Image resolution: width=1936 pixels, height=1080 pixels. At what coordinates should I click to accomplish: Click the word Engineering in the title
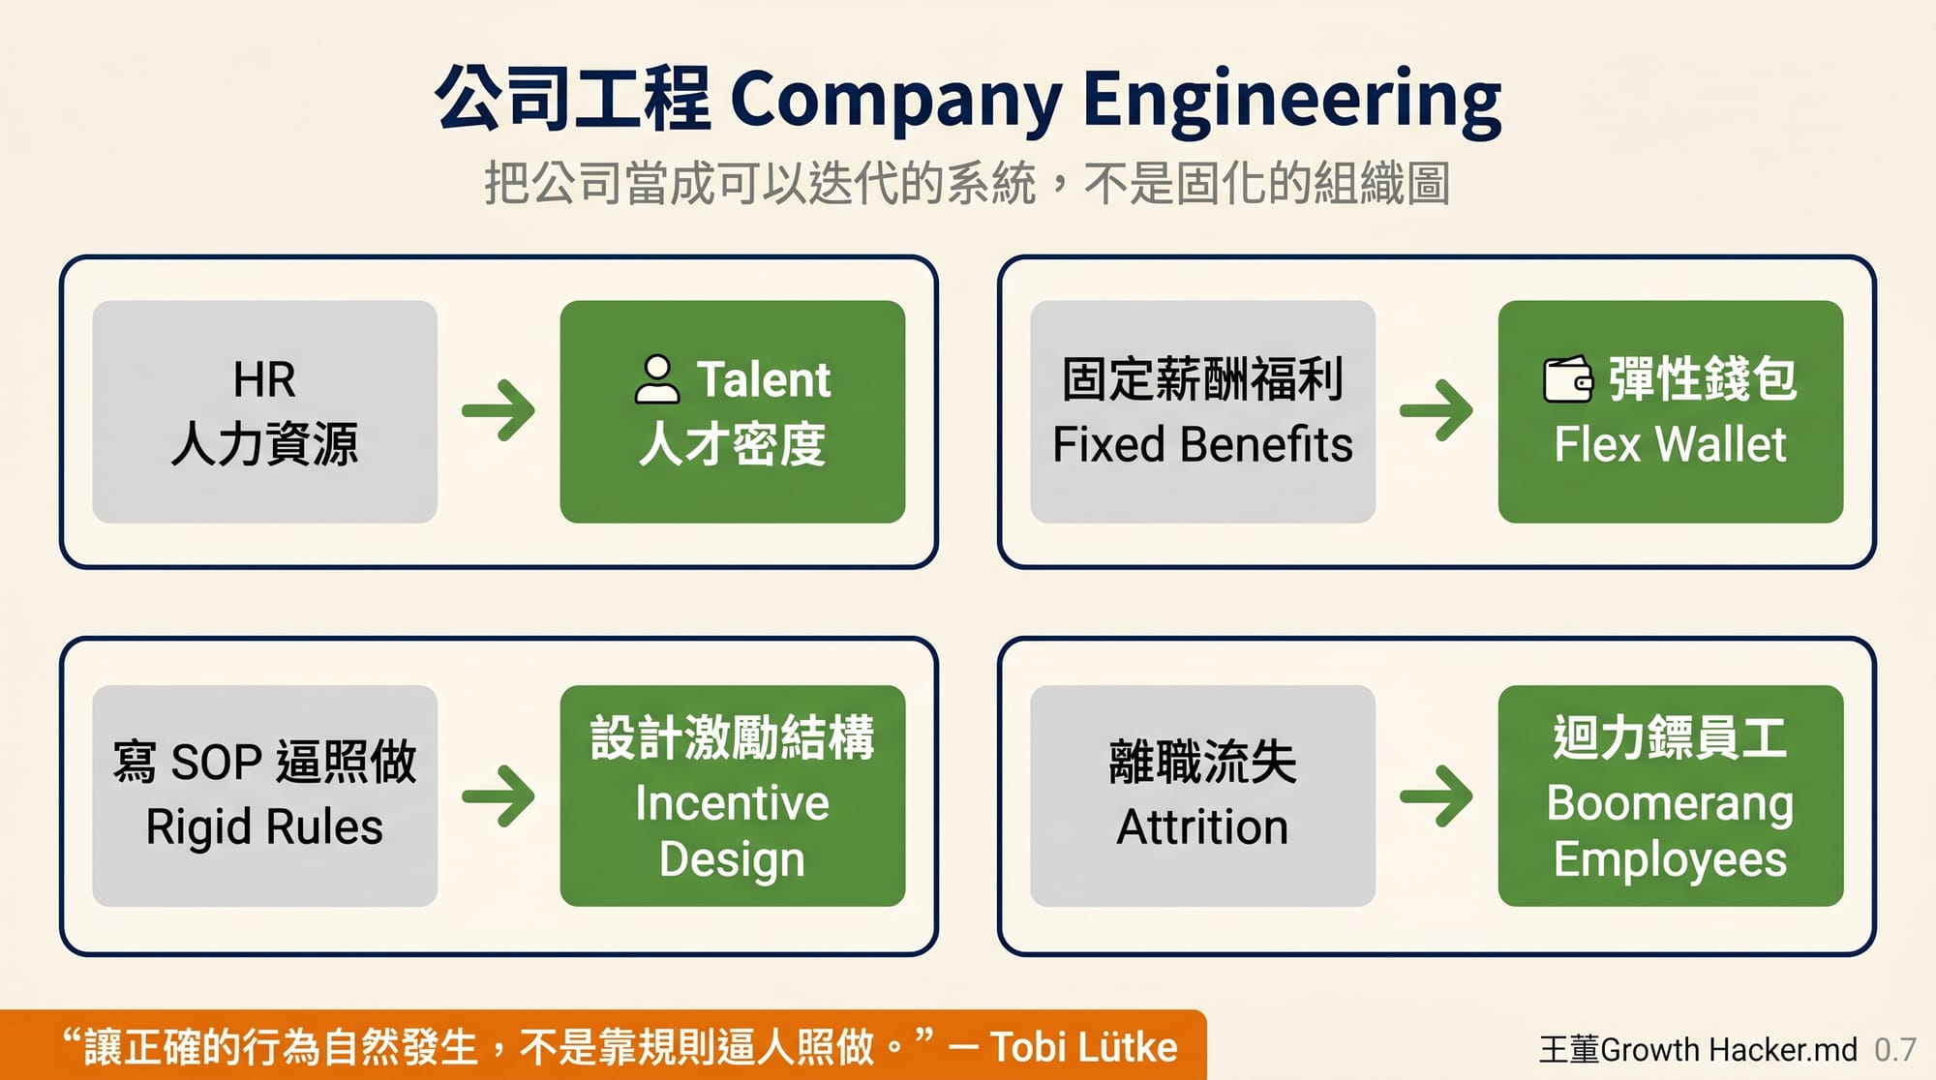coord(1291,100)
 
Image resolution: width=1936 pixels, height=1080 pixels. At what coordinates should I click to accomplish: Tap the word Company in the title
coord(895,100)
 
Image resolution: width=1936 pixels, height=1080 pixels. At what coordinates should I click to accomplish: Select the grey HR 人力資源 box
coord(264,411)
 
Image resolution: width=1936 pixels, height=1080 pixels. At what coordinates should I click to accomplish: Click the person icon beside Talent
coord(657,378)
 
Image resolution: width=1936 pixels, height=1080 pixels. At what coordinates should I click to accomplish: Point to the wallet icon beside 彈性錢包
coord(1567,378)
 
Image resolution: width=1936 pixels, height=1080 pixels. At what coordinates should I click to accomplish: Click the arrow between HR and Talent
coord(499,410)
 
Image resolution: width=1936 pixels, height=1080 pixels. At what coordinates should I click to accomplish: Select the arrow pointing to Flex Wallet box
coord(1437,410)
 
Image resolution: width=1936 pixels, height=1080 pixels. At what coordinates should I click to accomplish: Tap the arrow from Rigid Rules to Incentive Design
coord(499,795)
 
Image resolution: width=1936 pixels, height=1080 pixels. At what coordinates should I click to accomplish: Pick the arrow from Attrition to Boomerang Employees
coord(1437,795)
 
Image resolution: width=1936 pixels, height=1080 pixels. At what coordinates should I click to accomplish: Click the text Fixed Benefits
coord(1202,445)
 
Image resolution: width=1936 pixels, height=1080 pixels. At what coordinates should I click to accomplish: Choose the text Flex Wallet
coord(1670,445)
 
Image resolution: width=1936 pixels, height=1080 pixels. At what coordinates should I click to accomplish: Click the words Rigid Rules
coord(264,827)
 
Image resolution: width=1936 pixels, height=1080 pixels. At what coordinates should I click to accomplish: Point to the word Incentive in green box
coord(732,803)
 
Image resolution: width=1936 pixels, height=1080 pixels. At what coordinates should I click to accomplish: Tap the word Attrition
coord(1202,827)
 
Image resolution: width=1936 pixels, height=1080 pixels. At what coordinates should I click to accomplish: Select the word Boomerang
coord(1670,803)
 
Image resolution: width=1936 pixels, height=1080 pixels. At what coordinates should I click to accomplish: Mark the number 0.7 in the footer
coord(1894,1050)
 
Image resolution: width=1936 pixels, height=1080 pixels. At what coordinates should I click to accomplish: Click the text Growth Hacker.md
coord(1729,1050)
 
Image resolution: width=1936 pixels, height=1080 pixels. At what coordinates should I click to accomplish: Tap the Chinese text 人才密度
coord(732,445)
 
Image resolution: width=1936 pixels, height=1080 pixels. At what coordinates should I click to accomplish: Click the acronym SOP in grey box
coord(216,763)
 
